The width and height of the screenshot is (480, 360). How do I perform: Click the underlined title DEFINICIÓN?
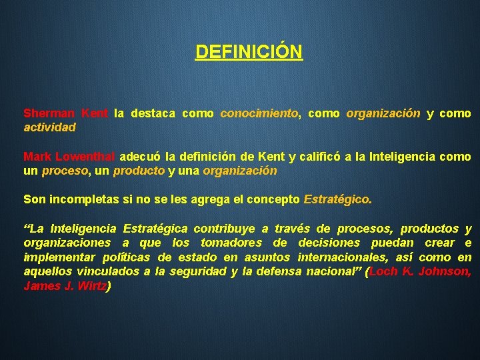[249, 51]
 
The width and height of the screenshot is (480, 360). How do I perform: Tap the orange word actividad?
[50, 127]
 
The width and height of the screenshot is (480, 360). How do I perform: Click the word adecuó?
[140, 157]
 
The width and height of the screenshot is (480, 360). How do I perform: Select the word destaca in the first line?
[153, 113]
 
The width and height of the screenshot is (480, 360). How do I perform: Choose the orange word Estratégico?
[337, 199]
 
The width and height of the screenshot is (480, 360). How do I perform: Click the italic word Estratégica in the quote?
[155, 229]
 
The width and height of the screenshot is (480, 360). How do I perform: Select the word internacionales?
[335, 257]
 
